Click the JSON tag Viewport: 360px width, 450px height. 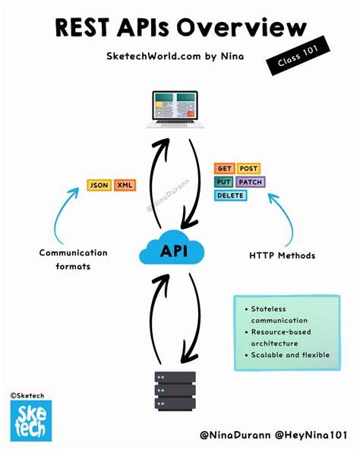click(x=99, y=185)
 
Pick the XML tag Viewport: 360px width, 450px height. click(x=124, y=185)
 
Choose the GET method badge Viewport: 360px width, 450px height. click(x=225, y=169)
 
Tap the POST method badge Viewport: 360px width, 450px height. click(x=248, y=169)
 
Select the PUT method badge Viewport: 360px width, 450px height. click(x=225, y=182)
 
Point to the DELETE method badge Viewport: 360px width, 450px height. click(x=230, y=196)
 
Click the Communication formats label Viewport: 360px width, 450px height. click(x=74, y=259)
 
